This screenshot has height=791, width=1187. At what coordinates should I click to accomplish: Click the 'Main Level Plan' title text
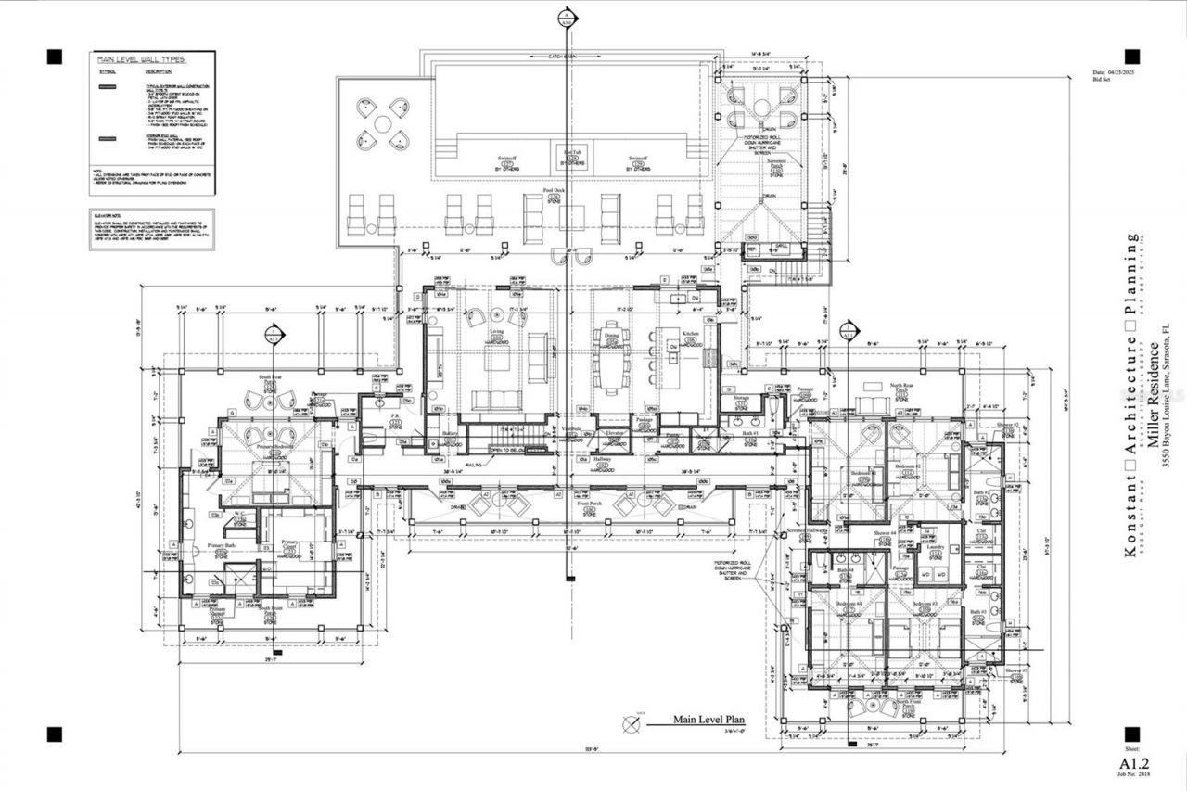(x=709, y=719)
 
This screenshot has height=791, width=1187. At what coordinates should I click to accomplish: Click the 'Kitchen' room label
(x=691, y=333)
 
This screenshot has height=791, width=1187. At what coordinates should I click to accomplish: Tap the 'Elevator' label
(x=614, y=433)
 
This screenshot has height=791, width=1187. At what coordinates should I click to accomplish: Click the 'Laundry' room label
(x=935, y=547)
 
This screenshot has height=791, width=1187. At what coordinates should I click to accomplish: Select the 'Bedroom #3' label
(x=924, y=604)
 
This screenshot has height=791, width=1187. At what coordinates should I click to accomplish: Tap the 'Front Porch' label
(x=589, y=504)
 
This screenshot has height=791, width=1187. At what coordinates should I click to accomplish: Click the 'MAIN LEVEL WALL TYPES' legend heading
(x=142, y=58)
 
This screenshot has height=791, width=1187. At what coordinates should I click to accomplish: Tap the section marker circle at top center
(x=568, y=18)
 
